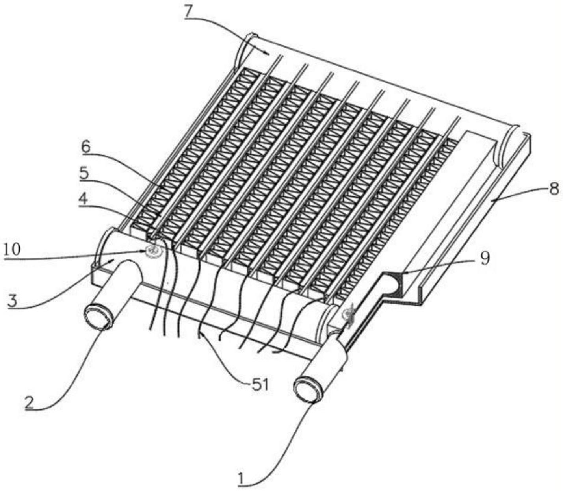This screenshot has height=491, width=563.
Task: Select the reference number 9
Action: pos(485,259)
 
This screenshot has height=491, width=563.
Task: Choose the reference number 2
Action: pos(30,402)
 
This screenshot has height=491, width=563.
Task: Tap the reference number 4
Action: pos(83,199)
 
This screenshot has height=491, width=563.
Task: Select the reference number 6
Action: pos(85,148)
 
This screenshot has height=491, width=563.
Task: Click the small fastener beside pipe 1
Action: pos(349,317)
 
